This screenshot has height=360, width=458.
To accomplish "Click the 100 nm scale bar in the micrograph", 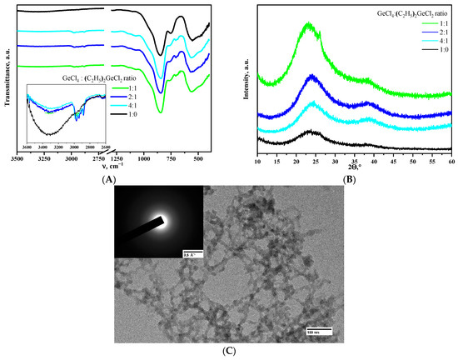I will [320, 330].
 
